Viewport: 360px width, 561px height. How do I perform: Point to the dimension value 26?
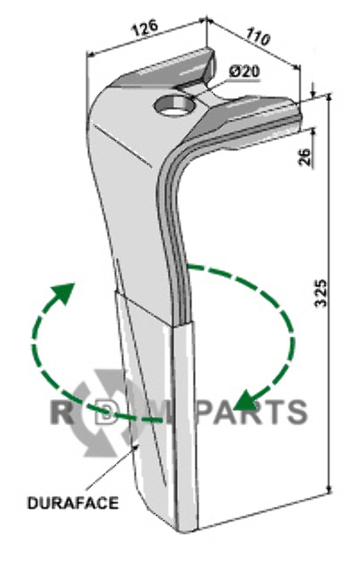point(304,157)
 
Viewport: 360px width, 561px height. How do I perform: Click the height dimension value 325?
point(322,293)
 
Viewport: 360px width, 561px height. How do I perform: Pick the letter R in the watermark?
point(61,412)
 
